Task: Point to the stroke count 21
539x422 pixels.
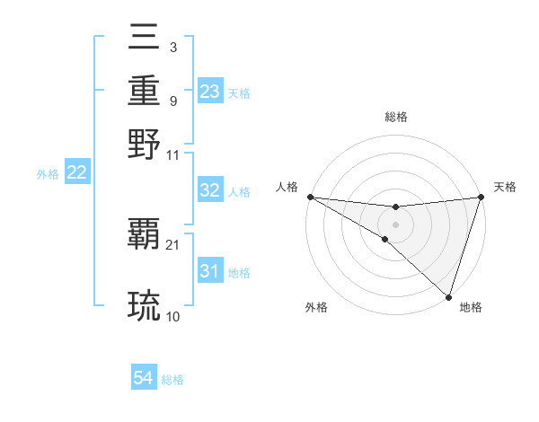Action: click(173, 245)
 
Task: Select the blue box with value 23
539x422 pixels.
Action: click(209, 92)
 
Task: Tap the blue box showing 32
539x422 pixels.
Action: click(209, 190)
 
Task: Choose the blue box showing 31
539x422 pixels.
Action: click(209, 272)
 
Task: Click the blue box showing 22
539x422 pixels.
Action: click(76, 173)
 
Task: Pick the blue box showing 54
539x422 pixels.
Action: click(144, 379)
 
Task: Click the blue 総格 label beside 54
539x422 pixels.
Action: click(172, 380)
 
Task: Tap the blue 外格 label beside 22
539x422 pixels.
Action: click(48, 174)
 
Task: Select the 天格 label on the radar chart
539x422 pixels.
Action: click(505, 187)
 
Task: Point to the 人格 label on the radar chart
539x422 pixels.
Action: click(287, 187)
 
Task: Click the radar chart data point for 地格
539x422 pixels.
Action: click(449, 296)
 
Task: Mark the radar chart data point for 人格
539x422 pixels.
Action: click(310, 197)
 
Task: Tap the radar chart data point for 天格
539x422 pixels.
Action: click(481, 197)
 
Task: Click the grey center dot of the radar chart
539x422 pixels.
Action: click(395, 224)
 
